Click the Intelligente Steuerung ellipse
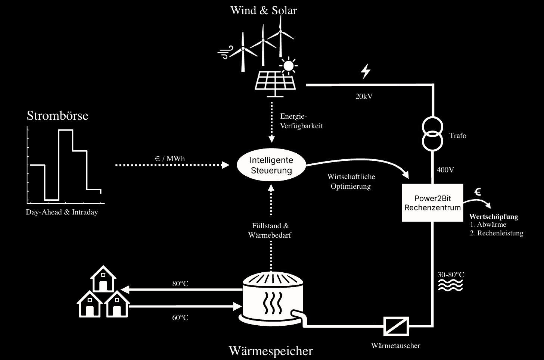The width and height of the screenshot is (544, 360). coord(271,165)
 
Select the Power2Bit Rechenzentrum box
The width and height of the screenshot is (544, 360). coord(432,203)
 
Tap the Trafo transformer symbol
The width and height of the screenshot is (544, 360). coord(432,134)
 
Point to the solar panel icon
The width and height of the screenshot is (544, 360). coord(276,81)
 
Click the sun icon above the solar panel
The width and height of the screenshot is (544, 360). coord(288,66)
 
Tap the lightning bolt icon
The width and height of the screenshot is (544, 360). coord(366,71)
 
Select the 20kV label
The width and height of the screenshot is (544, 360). coord(364,96)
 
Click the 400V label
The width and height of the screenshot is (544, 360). coord(445,170)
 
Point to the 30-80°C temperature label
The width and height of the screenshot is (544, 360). coord(451,275)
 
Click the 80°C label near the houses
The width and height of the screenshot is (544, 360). coord(180,284)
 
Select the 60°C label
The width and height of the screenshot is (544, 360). coord(180,318)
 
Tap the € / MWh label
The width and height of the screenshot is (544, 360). coord(170,159)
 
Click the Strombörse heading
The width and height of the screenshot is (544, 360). coord(57,116)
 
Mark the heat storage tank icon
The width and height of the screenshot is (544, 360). coord(272,298)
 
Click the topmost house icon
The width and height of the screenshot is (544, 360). coord(103,279)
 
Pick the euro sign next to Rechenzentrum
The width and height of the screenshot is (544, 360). coord(477,192)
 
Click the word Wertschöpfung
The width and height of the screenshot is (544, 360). coord(493,216)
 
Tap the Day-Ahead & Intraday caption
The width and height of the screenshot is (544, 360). coord(62,212)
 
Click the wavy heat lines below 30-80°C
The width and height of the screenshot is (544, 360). coord(450,285)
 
